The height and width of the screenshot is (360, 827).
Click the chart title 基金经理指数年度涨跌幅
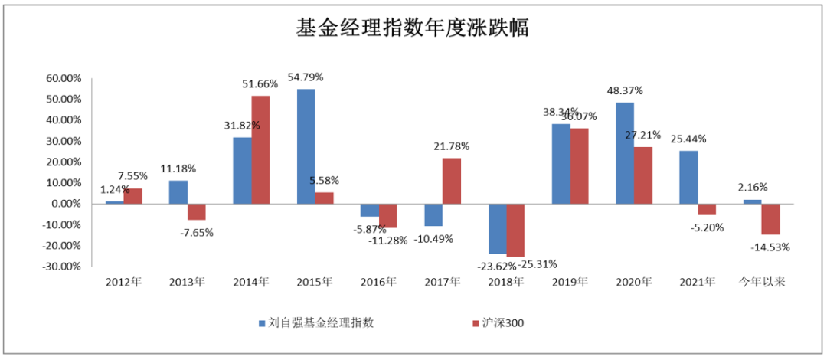(413, 29)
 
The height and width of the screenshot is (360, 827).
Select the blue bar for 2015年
(306, 146)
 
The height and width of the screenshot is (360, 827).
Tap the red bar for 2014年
(260, 149)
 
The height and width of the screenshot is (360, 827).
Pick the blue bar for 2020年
(625, 153)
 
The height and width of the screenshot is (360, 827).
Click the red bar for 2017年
(452, 181)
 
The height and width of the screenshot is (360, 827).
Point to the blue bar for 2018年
(497, 228)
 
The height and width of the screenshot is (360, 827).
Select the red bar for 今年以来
(770, 219)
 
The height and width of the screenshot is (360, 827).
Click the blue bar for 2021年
(688, 177)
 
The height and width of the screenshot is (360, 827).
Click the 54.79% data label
(306, 77)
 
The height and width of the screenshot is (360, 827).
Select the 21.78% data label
(451, 146)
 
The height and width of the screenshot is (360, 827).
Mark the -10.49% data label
(433, 238)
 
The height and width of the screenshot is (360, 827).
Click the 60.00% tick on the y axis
(64, 78)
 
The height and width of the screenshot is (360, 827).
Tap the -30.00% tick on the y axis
(62, 267)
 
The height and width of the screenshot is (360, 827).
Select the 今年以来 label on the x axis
(761, 282)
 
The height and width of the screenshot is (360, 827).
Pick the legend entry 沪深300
(502, 322)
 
